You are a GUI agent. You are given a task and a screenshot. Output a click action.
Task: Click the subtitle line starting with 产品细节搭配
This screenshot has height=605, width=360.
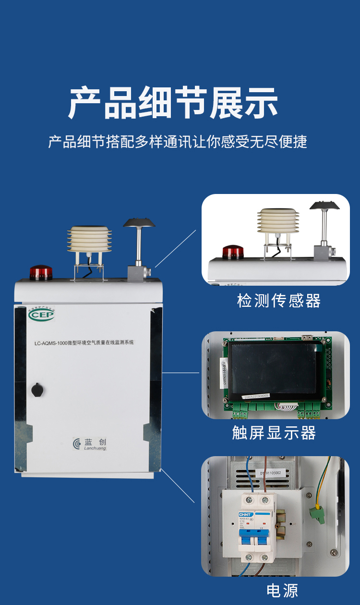click(x=178, y=142)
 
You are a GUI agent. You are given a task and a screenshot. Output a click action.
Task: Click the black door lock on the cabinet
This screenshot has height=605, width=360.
click(x=37, y=389)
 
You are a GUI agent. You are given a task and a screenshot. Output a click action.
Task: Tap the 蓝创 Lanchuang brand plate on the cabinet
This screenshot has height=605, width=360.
click(x=89, y=444)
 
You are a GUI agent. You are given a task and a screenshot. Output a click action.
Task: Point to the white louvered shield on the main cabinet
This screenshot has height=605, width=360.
click(x=89, y=239)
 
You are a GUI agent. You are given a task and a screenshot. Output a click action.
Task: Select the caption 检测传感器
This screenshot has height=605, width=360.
click(x=279, y=301)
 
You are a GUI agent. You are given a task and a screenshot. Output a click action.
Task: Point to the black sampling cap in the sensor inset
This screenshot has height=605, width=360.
click(x=325, y=205)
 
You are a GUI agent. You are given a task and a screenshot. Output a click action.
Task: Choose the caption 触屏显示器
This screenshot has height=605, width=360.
click(x=274, y=433)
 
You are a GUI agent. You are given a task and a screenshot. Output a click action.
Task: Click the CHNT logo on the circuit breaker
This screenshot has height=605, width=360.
click(x=245, y=515)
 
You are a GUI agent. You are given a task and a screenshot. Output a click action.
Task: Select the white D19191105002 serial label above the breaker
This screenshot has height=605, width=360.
click(x=271, y=472)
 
